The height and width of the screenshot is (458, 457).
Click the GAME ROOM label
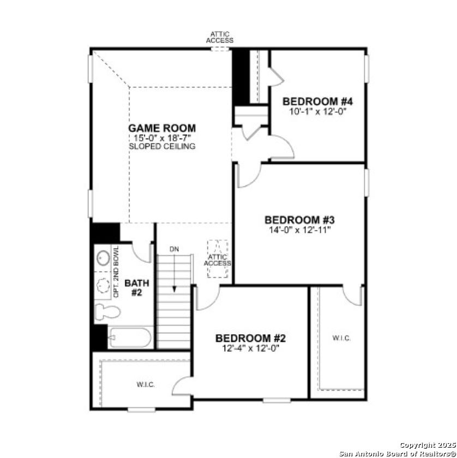[162, 128]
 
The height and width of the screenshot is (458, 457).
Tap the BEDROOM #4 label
[318, 101]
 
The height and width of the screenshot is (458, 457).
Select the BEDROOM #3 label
[299, 220]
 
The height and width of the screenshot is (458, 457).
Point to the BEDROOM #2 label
[250, 338]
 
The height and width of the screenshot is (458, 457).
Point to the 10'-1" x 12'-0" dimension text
[318, 111]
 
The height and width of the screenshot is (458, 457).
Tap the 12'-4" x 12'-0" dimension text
[250, 347]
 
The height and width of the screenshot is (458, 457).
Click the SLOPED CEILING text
[162, 146]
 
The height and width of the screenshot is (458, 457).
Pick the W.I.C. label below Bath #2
[146, 384]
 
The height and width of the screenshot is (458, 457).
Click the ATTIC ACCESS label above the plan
[220, 37]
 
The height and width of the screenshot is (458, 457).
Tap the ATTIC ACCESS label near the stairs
[218, 260]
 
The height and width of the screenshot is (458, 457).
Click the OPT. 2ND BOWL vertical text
[116, 272]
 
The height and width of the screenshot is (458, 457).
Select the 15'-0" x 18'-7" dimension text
[162, 137]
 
